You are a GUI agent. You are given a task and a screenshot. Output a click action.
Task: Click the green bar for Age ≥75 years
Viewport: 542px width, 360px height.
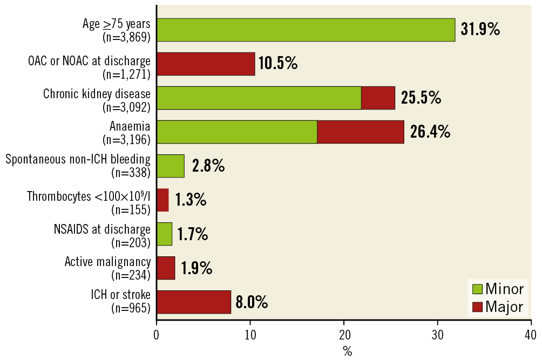tap(306, 30)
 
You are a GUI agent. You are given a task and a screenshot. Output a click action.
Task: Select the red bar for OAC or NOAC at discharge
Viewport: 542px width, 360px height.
tap(206, 64)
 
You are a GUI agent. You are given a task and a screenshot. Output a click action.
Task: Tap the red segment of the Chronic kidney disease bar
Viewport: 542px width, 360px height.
tap(378, 98)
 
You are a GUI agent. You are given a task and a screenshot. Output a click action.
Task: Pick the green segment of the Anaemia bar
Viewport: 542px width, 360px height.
tap(236, 132)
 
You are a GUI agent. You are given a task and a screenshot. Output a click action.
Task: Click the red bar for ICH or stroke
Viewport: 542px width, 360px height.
tap(194, 302)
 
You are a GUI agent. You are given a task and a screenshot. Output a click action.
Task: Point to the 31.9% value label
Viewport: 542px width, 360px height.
tap(480, 30)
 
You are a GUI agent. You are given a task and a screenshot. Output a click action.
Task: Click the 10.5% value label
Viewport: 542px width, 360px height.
tap(278, 64)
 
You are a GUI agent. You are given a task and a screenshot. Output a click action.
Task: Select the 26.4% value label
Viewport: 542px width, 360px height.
tap(430, 132)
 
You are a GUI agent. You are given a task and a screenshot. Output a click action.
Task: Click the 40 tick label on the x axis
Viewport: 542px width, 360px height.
tap(531, 335)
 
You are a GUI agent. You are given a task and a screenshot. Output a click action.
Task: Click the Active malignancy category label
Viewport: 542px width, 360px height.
tap(107, 262)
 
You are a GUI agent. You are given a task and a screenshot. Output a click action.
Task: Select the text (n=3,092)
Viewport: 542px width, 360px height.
tap(126, 106)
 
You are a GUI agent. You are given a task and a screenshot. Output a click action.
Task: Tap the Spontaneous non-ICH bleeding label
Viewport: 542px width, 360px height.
tap(78, 160)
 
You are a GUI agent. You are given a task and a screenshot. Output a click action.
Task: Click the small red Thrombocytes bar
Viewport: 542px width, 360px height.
tap(162, 200)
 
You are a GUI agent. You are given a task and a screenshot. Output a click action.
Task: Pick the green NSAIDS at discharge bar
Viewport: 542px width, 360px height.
tap(164, 234)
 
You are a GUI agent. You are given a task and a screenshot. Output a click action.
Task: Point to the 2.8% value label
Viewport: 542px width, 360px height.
tap(208, 166)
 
